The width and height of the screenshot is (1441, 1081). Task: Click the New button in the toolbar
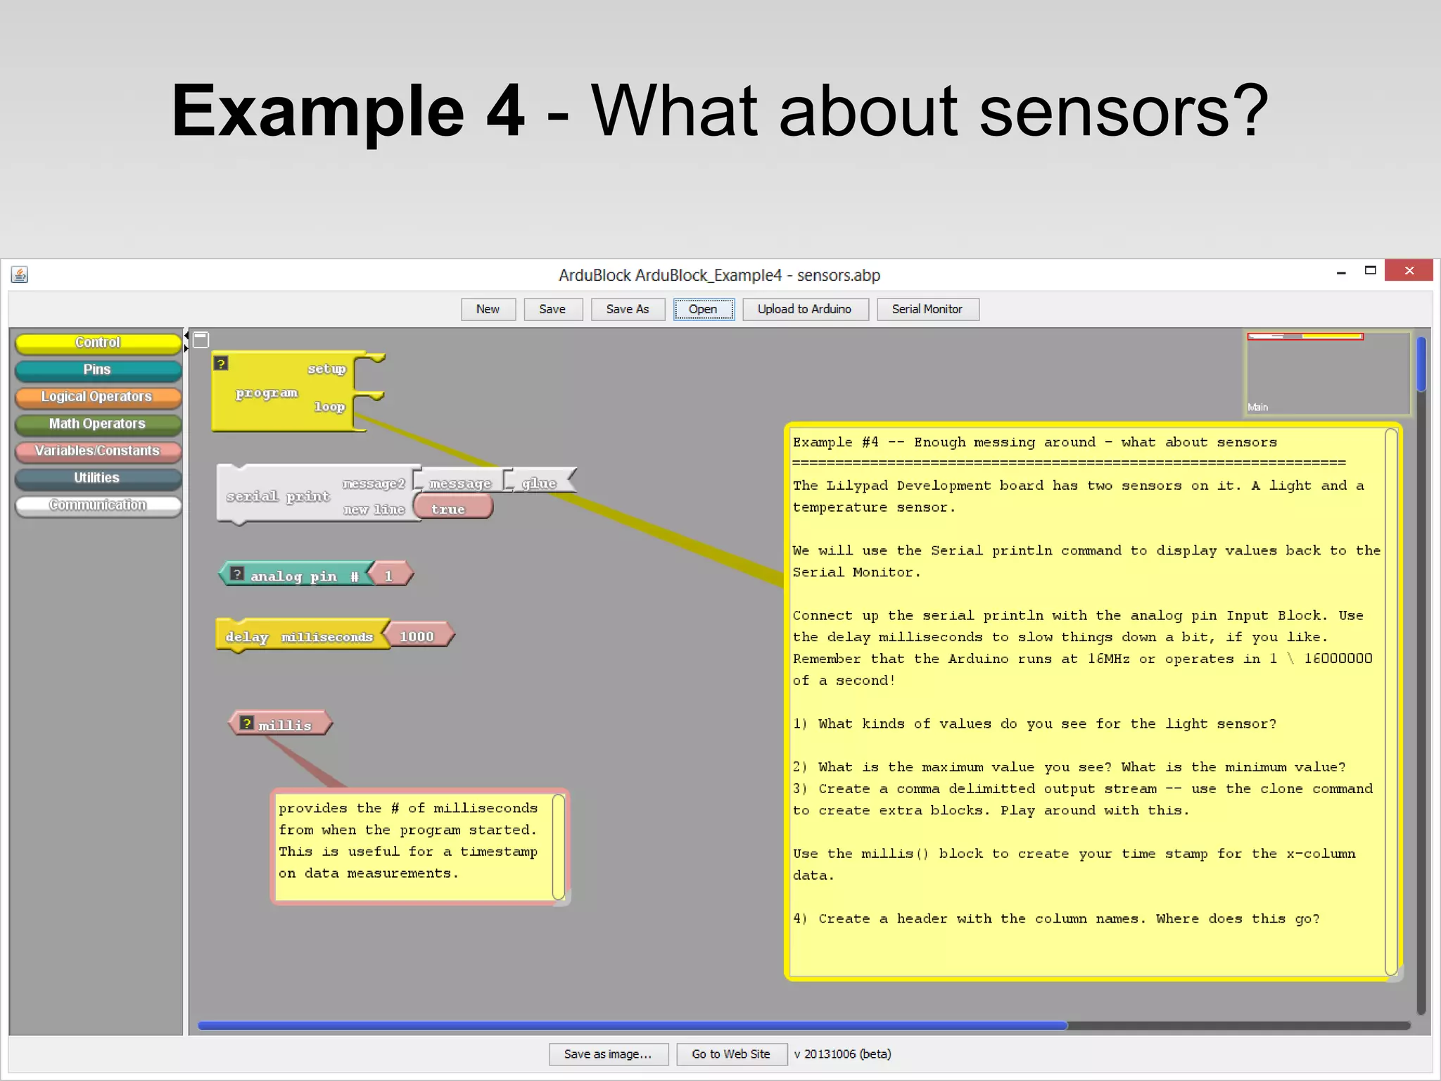(x=488, y=309)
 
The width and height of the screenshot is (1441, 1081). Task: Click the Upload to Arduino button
(x=804, y=309)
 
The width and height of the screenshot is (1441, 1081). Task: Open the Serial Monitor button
(x=927, y=309)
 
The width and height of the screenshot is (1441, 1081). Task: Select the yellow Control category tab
(x=98, y=343)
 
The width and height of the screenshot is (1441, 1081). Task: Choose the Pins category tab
(x=98, y=369)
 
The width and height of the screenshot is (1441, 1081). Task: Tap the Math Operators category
(x=98, y=424)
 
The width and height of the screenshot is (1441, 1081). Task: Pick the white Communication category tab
(x=98, y=505)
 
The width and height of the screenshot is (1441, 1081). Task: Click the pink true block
(x=450, y=508)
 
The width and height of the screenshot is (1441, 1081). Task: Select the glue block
(x=540, y=483)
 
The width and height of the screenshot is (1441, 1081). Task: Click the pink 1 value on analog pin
(x=389, y=576)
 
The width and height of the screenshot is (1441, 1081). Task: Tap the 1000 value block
(x=418, y=636)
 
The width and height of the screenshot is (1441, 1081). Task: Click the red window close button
(x=1408, y=270)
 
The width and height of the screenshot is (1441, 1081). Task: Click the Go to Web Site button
(x=731, y=1054)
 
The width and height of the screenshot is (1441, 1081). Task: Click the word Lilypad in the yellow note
(x=856, y=485)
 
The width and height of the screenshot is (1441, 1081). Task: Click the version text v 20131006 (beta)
(x=842, y=1054)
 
